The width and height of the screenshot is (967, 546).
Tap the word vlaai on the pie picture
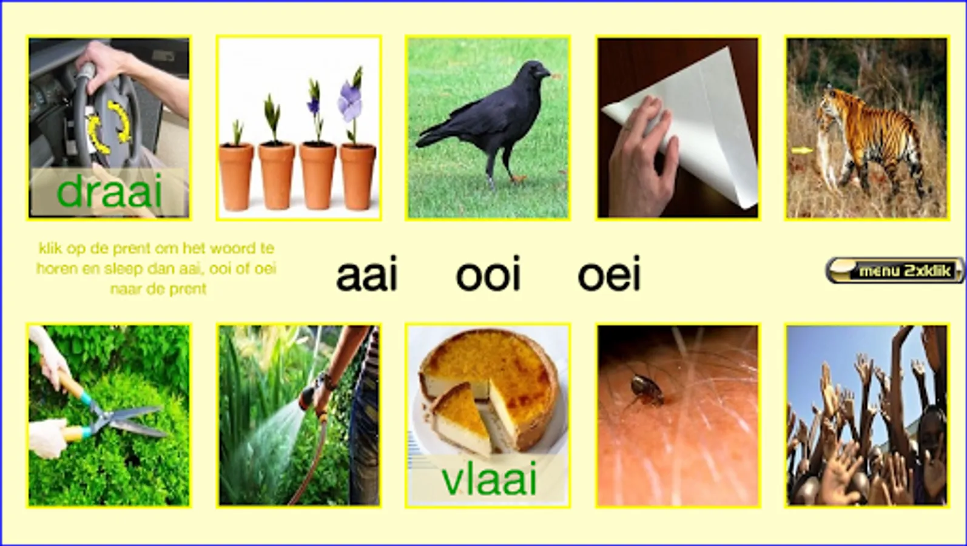pos(489,479)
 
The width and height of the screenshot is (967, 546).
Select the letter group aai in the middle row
pos(366,274)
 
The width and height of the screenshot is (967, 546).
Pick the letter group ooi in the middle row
pos(488,274)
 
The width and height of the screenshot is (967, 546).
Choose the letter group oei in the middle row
pos(609,274)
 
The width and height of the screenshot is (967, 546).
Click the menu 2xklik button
pos(894,271)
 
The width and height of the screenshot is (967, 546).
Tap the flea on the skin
pos(646,391)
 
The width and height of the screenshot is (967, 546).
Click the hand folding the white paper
pos(643,155)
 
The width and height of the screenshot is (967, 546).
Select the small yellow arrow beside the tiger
pos(802,150)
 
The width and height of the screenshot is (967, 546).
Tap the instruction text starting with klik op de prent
pos(156,269)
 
